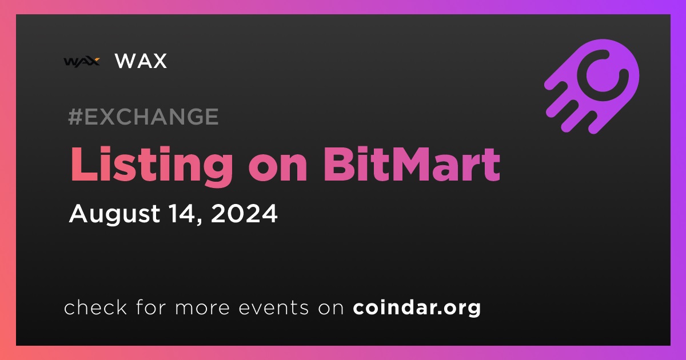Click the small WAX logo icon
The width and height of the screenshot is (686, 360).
[x=82, y=62]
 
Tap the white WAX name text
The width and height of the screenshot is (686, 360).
[x=141, y=61]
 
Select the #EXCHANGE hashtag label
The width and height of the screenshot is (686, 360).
[x=143, y=117]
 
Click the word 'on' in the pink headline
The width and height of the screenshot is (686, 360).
[x=278, y=169]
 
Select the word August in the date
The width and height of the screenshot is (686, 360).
[x=114, y=214]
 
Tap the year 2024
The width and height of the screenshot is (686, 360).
[x=245, y=213]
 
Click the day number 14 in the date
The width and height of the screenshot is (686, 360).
[x=183, y=213]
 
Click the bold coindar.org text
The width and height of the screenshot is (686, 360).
[x=417, y=307]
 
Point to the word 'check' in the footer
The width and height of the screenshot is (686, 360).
[x=95, y=307]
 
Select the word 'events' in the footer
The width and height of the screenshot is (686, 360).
[x=274, y=308]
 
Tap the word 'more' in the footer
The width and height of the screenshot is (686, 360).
[x=202, y=308]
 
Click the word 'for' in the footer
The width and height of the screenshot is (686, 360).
[x=151, y=307]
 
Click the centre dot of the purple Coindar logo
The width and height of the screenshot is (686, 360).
[x=603, y=75]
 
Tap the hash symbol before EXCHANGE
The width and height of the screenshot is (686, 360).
[x=75, y=117]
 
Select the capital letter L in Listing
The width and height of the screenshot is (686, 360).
[x=84, y=164]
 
